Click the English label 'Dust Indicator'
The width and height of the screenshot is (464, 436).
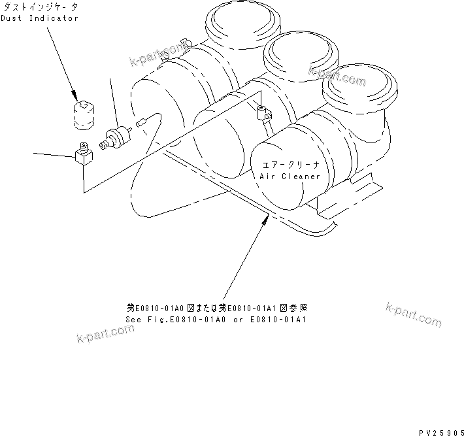coord(39,18)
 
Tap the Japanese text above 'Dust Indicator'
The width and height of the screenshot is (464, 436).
coord(40,6)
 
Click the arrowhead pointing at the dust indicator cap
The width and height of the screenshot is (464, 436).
coord(76,93)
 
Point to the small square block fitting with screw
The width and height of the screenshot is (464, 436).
coord(82,154)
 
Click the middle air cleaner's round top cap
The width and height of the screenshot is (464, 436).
coord(297,54)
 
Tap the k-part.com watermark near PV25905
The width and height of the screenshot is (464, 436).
coord(414,314)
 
